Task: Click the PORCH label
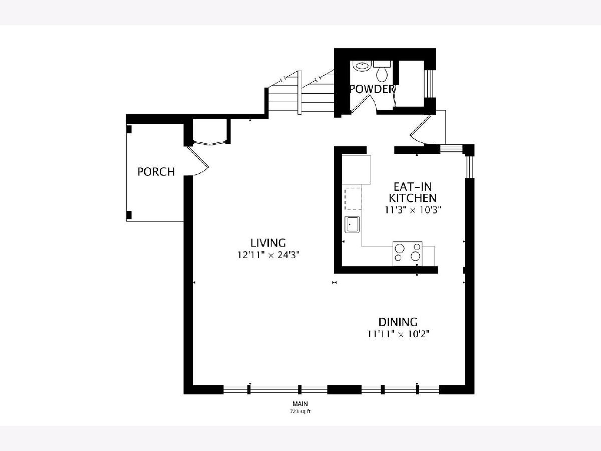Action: (x=156, y=172)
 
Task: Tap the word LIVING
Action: (x=268, y=243)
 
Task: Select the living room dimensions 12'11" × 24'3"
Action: (x=268, y=255)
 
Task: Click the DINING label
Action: (x=398, y=322)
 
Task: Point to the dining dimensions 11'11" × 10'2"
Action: (x=398, y=334)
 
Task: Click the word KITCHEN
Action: (x=413, y=198)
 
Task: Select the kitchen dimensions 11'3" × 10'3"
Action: (x=413, y=210)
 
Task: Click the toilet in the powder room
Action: (x=382, y=71)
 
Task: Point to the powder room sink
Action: (x=362, y=66)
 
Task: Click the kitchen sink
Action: (x=353, y=224)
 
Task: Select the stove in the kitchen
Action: (x=407, y=254)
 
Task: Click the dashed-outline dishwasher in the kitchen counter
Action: (x=353, y=199)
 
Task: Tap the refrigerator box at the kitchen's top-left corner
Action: (x=356, y=169)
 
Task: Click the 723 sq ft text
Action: (x=300, y=411)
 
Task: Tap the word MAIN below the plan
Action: (x=300, y=403)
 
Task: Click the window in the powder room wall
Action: (x=429, y=84)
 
